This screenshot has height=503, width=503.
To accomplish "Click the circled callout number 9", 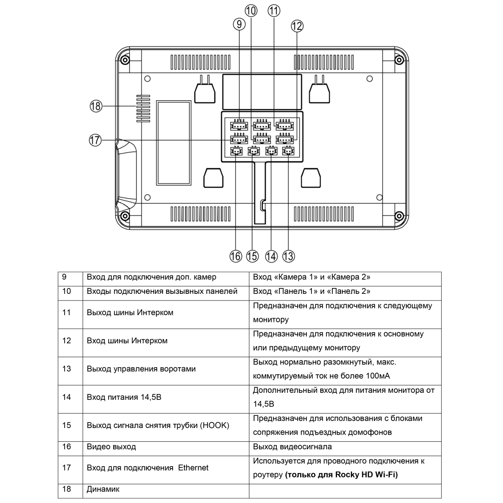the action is [239, 24].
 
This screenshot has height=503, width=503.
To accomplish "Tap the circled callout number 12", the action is [297, 26].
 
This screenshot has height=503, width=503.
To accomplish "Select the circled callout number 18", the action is [96, 106].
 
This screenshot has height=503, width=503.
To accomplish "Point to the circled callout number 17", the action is [95, 140].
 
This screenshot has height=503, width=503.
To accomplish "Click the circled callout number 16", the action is [236, 256].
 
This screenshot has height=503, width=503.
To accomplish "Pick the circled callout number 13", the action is [288, 256].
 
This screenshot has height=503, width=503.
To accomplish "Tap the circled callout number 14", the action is [271, 256].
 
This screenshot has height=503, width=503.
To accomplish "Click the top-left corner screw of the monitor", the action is [125, 60].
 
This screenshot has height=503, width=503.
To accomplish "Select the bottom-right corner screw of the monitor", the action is [399, 216].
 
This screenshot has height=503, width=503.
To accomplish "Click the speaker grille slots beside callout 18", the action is [143, 109].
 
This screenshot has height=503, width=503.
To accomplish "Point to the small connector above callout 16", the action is [236, 150].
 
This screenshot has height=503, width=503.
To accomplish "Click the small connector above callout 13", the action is [288, 150].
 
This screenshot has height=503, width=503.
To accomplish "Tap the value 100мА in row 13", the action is [378, 376].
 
